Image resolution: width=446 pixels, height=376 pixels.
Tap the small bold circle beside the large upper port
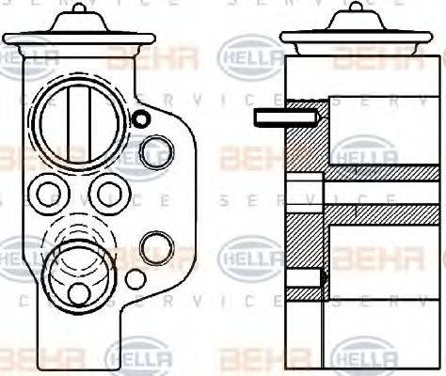141,118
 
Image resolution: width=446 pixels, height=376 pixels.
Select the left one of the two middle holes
45,194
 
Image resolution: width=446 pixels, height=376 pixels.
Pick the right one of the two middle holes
109,195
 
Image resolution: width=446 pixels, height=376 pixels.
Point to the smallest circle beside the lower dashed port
135,279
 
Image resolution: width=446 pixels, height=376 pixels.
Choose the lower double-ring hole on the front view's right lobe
155,247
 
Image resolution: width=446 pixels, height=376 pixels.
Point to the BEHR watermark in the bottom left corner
42,359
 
